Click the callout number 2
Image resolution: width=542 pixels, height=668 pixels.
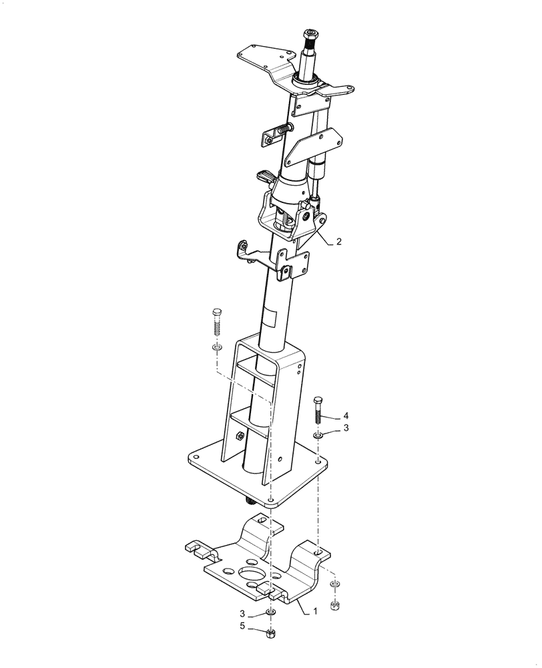(x=339, y=242)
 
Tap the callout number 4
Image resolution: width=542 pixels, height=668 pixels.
(x=345, y=415)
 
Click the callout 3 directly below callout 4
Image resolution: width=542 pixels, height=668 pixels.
(x=345, y=428)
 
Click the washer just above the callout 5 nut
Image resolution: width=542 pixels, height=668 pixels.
(x=270, y=613)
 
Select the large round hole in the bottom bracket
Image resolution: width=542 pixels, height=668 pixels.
(x=250, y=576)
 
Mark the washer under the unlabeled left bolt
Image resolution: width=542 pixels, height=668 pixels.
(x=216, y=348)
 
